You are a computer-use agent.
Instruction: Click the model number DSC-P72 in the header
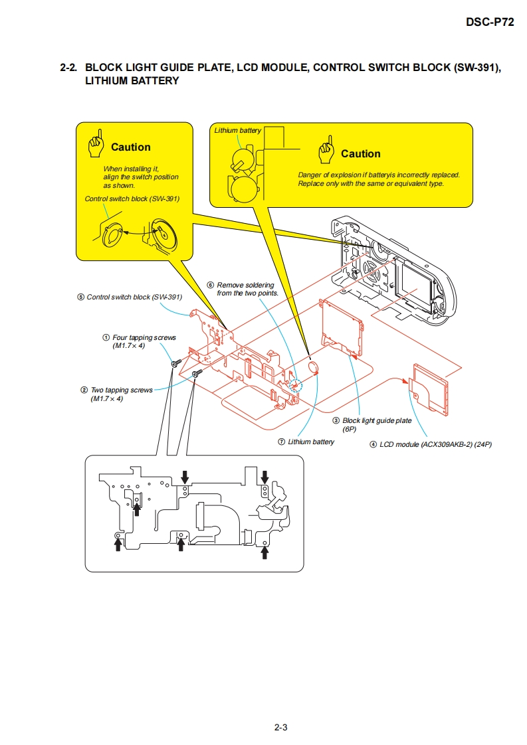pyautogui.click(x=490, y=22)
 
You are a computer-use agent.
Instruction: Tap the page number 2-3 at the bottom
pyautogui.click(x=280, y=727)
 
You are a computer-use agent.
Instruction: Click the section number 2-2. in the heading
pyautogui.click(x=68, y=68)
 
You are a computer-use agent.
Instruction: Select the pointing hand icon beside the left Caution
pyautogui.click(x=97, y=145)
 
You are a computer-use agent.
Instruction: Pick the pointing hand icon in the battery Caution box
pyautogui.click(x=326, y=151)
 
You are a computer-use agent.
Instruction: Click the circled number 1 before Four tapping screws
pyautogui.click(x=106, y=338)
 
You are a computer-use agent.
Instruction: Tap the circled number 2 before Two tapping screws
pyautogui.click(x=84, y=390)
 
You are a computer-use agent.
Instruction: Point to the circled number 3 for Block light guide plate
pyautogui.click(x=336, y=421)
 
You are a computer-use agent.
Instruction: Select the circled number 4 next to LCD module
pyautogui.click(x=373, y=444)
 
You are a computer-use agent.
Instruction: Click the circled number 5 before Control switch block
pyautogui.click(x=80, y=297)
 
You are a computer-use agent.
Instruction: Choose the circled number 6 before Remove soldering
pyautogui.click(x=211, y=285)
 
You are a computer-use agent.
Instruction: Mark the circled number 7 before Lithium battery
pyautogui.click(x=282, y=442)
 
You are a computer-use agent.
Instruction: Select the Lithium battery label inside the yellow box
pyautogui.click(x=237, y=130)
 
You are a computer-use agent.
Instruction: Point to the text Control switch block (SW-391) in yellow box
pyautogui.click(x=132, y=199)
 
